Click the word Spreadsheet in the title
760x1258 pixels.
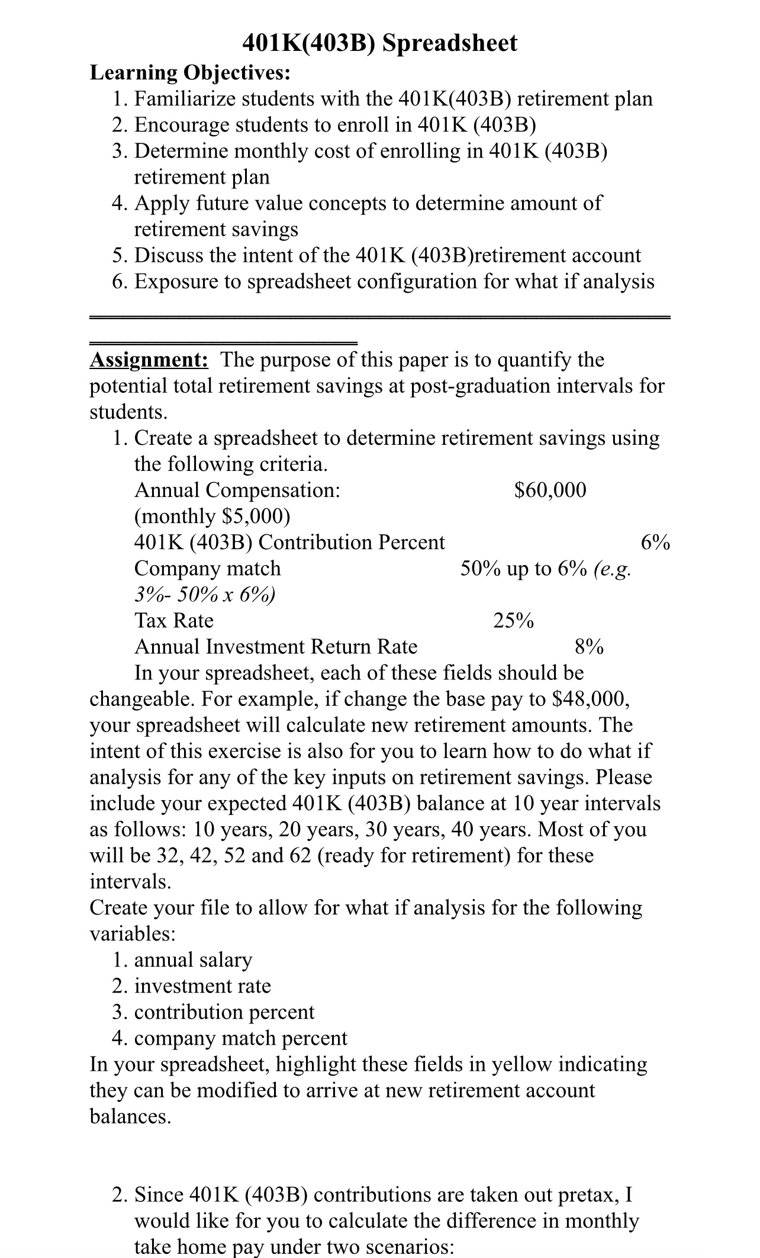coord(450,43)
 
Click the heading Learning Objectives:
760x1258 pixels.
coord(190,72)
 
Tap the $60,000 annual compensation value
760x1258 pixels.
coord(550,490)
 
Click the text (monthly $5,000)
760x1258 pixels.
coord(212,516)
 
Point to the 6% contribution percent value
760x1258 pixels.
coord(655,543)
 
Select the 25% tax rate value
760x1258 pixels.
coord(513,621)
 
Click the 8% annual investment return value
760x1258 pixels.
coord(589,647)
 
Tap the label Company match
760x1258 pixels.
coord(207,569)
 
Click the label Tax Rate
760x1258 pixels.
coord(174,621)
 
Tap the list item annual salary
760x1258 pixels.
coord(193,959)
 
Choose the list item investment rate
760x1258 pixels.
coord(202,986)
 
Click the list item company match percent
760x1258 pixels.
coord(240,1038)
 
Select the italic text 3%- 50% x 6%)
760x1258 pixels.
coord(205,595)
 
